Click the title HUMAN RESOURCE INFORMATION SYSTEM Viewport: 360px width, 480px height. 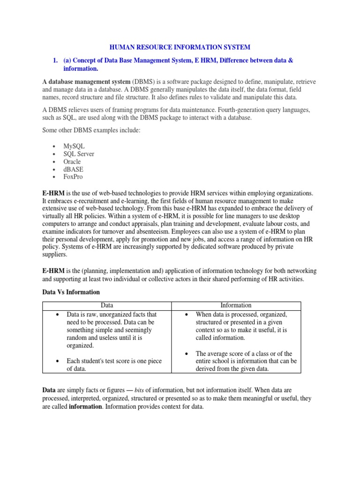(180, 47)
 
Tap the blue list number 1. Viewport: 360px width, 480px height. (55, 61)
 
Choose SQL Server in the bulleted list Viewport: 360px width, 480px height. (79, 154)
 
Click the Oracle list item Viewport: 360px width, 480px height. (72, 162)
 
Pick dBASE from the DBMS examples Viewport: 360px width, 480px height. (73, 169)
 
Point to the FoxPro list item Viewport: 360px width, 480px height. (73, 177)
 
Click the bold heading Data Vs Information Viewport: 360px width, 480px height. (71, 292)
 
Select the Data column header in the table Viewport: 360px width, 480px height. (107, 306)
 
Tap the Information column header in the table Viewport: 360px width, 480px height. (236, 306)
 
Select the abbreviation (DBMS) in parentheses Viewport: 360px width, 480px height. (146, 82)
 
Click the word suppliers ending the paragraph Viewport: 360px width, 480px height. (54, 255)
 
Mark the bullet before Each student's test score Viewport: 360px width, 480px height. (57, 361)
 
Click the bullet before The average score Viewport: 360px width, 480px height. (186, 353)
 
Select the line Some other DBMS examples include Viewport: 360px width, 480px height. (91, 130)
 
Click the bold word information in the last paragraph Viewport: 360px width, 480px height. (85, 406)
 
